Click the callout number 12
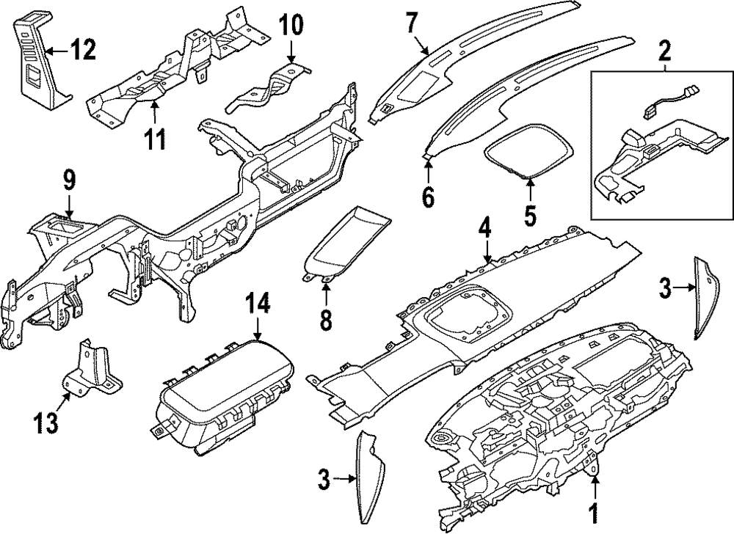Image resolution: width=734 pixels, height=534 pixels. tap(83, 51)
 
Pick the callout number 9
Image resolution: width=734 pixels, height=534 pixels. tap(69, 178)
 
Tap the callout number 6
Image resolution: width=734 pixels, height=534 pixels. tap(429, 196)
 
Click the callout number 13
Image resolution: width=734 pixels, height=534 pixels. tap(46, 422)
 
